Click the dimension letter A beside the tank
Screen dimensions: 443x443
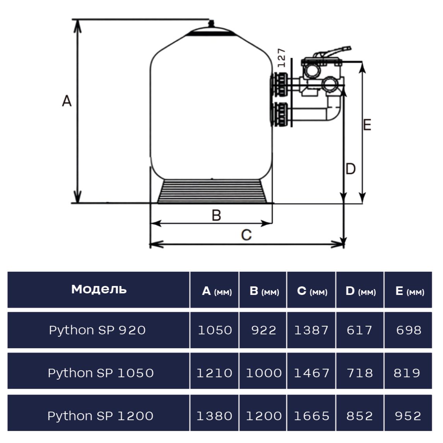point(67,101)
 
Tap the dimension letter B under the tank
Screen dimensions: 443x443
point(216,215)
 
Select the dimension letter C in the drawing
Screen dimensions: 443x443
point(246,235)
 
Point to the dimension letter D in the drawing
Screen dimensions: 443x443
point(351,169)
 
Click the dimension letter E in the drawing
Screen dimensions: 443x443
point(367,125)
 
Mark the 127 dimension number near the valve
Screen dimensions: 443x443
point(282,58)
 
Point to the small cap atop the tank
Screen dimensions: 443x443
point(210,23)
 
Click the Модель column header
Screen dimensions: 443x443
point(99,289)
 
